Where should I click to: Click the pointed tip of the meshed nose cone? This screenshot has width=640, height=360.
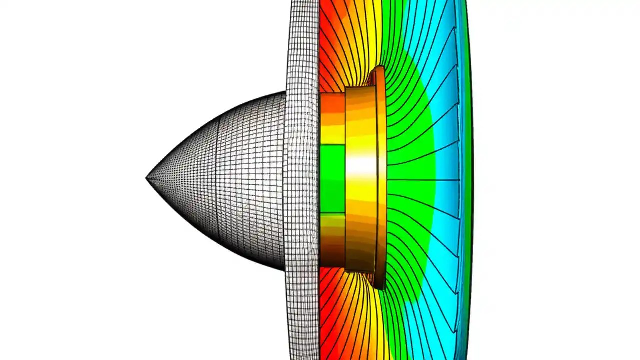[x=147, y=178]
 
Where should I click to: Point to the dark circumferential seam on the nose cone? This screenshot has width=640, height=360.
[x=218, y=180]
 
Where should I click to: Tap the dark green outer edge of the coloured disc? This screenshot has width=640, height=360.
[x=469, y=180]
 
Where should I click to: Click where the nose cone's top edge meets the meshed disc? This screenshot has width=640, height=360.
[x=285, y=93]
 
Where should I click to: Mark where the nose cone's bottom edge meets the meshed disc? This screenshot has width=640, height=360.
[x=285, y=270]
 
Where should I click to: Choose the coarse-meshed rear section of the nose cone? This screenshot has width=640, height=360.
[x=252, y=180]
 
